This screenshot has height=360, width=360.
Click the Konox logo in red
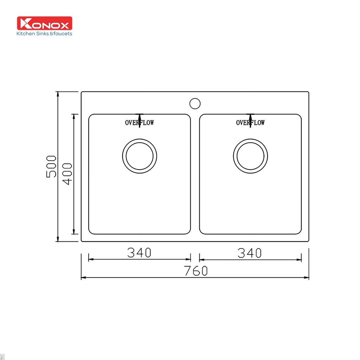[45, 23]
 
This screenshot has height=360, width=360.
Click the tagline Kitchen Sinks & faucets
[45, 34]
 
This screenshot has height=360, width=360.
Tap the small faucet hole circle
[195, 103]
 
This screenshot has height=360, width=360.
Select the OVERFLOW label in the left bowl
[140, 123]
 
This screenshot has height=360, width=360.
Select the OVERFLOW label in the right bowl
[250, 123]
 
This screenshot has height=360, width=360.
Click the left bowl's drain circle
[140, 156]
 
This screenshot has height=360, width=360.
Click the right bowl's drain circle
[250, 156]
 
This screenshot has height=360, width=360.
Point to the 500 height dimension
[51, 166]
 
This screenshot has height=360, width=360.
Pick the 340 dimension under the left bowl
[139, 252]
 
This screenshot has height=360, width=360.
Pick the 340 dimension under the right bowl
[250, 252]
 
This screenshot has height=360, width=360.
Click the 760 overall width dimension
[195, 271]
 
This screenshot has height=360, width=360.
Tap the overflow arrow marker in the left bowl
[140, 116]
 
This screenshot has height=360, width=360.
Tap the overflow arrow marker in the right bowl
[250, 116]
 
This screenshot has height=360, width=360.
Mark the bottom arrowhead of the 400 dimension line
[74, 232]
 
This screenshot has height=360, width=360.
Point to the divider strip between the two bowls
[195, 174]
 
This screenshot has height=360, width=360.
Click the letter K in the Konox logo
[26, 23]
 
